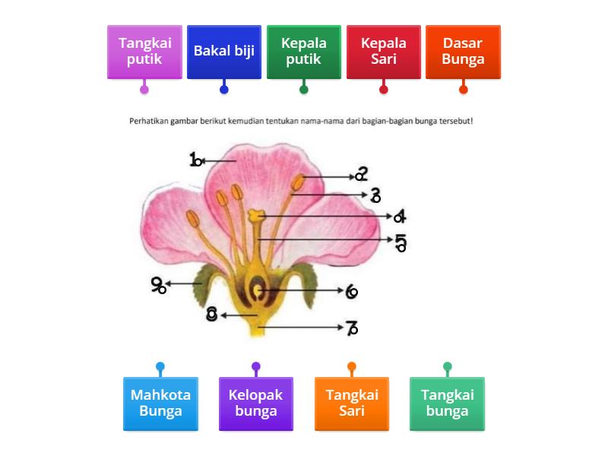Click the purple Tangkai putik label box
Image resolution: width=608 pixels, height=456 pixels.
[x=144, y=51]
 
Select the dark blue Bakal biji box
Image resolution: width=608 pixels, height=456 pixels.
[x=224, y=51]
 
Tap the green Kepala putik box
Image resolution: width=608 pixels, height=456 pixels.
[x=304, y=51]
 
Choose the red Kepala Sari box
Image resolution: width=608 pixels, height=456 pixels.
[x=384, y=51]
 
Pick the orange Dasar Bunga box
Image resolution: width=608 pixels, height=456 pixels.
[x=464, y=51]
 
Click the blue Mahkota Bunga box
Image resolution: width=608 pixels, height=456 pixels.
[x=160, y=404]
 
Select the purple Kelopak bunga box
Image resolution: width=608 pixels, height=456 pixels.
[x=256, y=404]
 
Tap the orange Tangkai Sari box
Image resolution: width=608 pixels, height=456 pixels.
[x=352, y=404]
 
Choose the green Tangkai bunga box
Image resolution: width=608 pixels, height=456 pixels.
[x=448, y=404]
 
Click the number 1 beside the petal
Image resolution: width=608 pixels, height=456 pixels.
[x=195, y=160]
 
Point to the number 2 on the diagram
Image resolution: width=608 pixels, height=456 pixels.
[x=361, y=175]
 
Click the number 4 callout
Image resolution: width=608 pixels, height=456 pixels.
[x=399, y=216]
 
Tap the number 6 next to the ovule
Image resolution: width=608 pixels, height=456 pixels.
[x=351, y=291]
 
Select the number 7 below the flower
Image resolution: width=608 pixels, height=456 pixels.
[x=351, y=328]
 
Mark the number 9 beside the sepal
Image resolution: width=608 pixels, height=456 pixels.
[x=158, y=285]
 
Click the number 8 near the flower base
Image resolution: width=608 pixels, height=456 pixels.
[x=212, y=314]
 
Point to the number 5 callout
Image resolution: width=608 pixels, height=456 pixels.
[x=401, y=242]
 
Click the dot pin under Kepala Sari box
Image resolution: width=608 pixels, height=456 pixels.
[x=384, y=90]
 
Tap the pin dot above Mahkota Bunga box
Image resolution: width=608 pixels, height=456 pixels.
[x=160, y=367]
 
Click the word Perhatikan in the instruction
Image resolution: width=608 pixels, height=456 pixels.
[x=149, y=121]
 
